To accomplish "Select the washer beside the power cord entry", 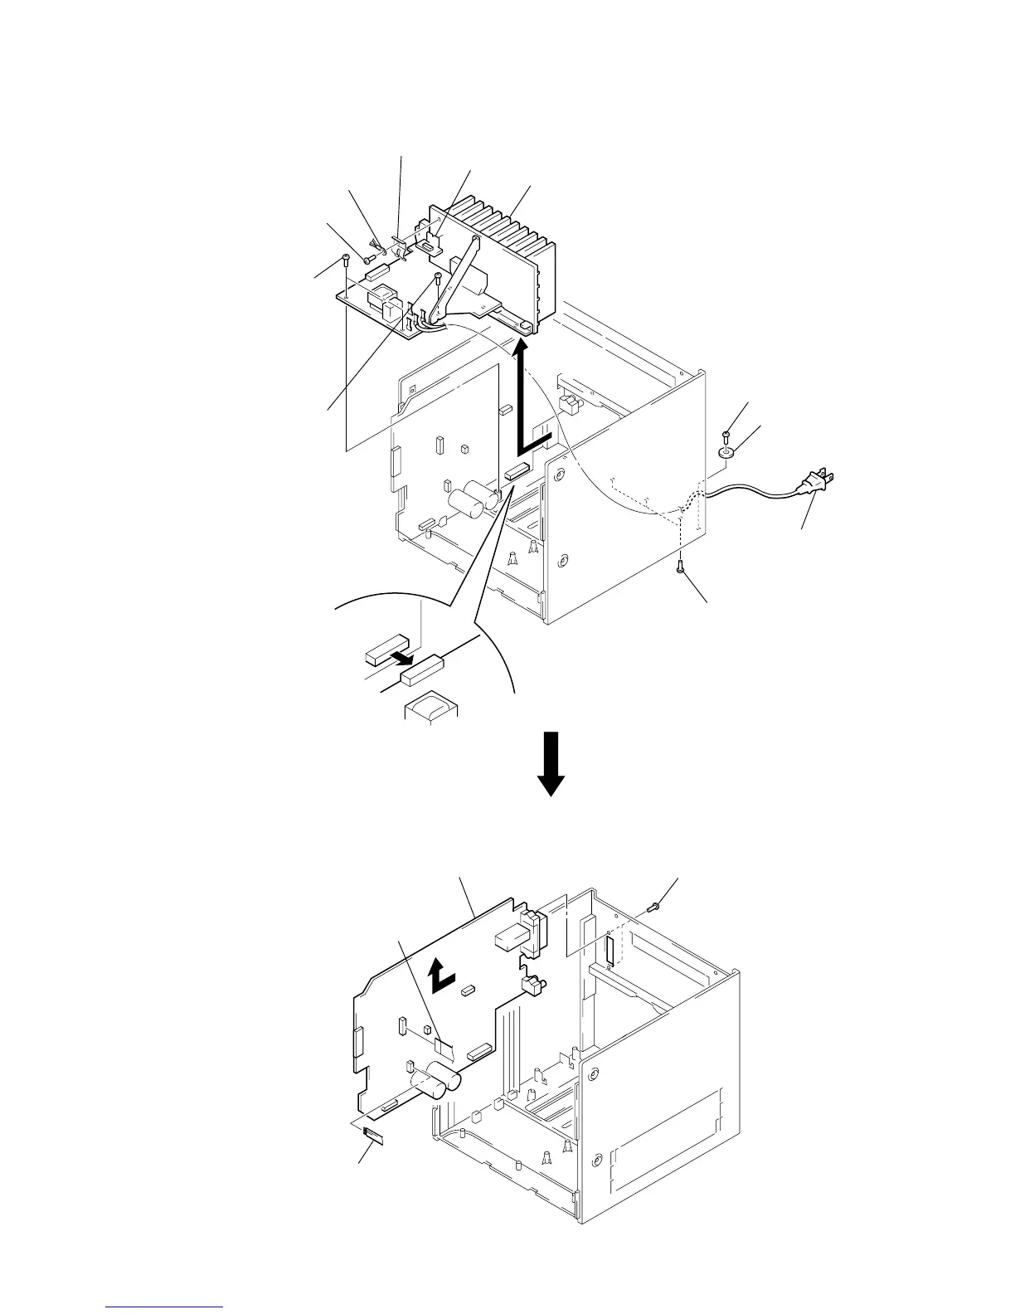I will click(x=727, y=453).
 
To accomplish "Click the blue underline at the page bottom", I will click(x=165, y=1307).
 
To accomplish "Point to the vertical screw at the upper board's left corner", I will click(x=344, y=263).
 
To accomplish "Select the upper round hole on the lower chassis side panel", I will click(x=594, y=1075).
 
